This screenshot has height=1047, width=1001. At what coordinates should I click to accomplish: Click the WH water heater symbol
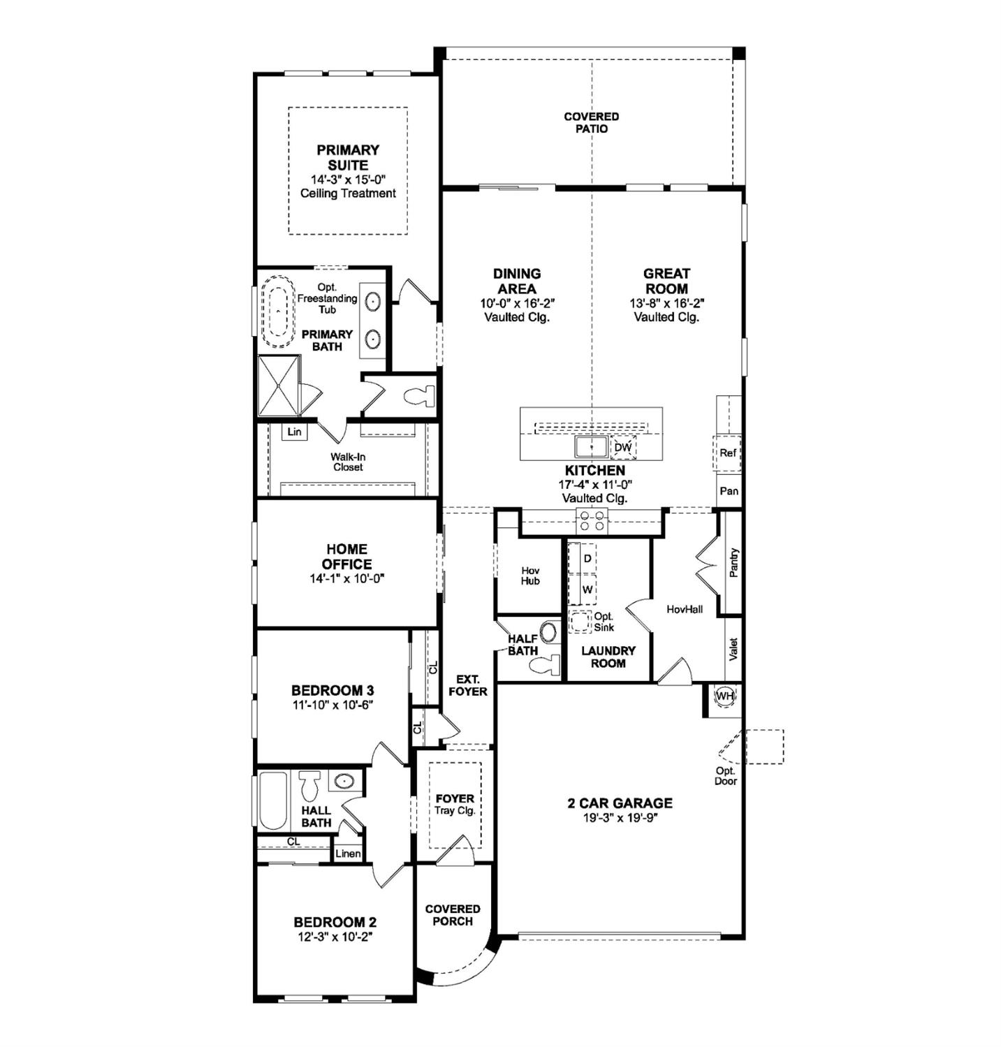[x=724, y=696]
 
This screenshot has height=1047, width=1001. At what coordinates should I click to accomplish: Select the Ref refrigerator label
[x=728, y=453]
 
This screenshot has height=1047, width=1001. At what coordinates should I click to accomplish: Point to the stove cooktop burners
[x=592, y=521]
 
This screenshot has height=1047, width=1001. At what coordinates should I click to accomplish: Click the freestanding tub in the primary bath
[x=278, y=312]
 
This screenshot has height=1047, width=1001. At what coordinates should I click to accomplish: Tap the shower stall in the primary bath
[x=279, y=386]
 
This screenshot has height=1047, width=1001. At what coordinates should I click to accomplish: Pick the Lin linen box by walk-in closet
[x=294, y=432]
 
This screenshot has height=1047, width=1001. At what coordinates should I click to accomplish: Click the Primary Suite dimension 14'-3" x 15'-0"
[x=348, y=180]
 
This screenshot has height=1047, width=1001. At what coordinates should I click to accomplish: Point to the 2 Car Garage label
[x=620, y=803]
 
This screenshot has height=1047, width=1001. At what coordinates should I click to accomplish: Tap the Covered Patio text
[x=591, y=122]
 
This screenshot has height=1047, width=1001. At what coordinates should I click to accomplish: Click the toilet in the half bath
[x=546, y=664]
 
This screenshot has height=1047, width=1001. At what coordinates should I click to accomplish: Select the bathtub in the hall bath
[x=272, y=800]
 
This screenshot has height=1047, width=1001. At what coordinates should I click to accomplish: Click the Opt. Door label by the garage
[x=725, y=776]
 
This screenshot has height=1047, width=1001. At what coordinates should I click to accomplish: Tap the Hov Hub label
[x=529, y=576]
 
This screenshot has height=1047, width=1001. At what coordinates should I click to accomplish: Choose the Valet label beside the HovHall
[x=733, y=649]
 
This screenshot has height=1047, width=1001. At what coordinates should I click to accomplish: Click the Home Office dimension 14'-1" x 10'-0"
[x=347, y=578]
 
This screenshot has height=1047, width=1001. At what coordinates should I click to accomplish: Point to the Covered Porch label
[x=452, y=915]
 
